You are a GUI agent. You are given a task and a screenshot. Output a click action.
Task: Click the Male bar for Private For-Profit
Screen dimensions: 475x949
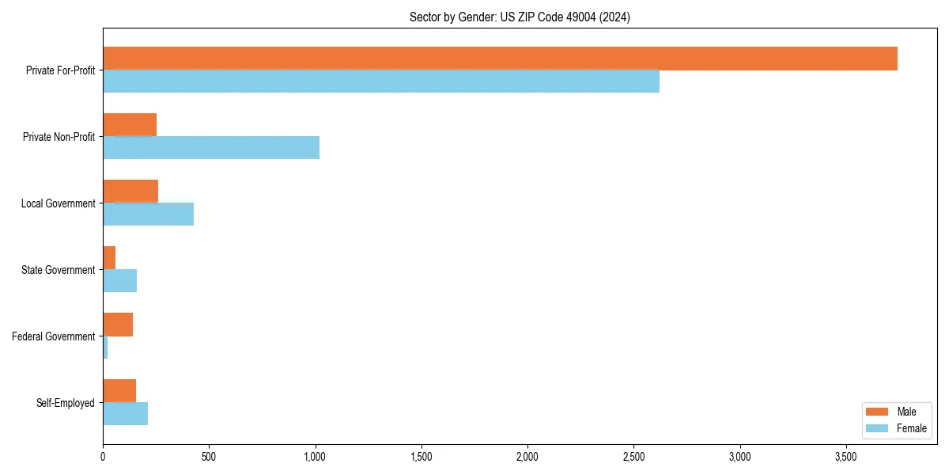[x=500, y=59]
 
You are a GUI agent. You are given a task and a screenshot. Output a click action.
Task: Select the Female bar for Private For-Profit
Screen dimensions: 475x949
[x=381, y=82]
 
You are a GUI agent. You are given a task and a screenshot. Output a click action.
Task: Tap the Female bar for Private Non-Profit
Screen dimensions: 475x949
[x=211, y=148]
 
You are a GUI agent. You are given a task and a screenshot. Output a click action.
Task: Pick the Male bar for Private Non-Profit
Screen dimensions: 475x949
[x=130, y=125]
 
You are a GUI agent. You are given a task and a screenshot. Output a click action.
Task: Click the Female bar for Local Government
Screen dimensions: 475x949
[x=149, y=215]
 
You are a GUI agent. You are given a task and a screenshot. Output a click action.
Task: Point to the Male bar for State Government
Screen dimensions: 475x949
[x=109, y=258]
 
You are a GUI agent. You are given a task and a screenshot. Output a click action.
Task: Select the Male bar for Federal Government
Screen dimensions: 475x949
[x=118, y=325]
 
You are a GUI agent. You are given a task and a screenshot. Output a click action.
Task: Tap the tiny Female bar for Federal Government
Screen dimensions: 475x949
[x=105, y=348]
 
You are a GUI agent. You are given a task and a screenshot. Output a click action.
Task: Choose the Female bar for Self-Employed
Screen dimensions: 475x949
[x=125, y=414]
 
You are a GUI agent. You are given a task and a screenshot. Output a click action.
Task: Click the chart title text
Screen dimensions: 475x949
[x=520, y=17]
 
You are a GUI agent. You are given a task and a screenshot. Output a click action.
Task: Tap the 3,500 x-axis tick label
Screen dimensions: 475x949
[x=846, y=457]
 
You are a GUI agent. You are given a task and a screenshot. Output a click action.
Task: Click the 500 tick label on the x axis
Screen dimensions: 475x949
[x=209, y=457]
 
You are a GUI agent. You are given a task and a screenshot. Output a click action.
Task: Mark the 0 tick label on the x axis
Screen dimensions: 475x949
[x=103, y=457]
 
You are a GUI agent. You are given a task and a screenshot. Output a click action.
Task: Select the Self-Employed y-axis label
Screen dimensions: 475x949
[x=66, y=403]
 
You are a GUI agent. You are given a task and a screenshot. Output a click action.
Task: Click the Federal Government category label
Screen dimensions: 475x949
[x=54, y=336]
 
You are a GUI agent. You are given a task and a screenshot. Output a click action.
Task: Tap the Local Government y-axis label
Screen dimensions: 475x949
[x=58, y=203]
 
